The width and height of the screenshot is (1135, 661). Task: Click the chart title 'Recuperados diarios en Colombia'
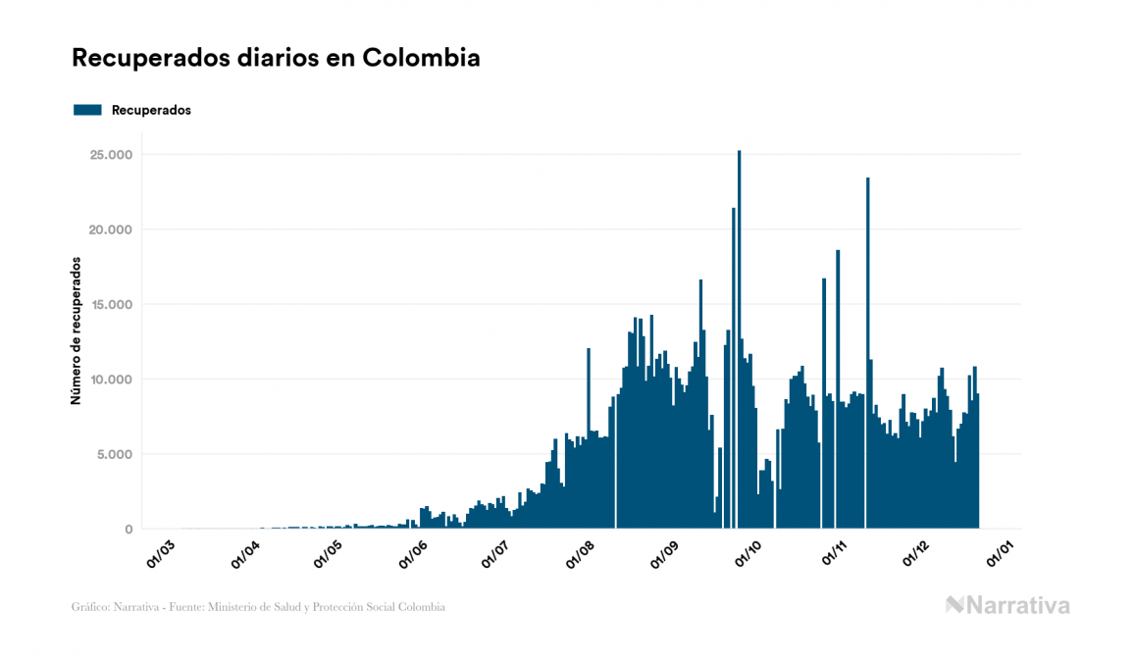click(x=276, y=58)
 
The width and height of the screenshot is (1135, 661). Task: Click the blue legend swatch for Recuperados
click(x=87, y=110)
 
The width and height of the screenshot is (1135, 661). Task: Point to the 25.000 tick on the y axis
click(x=112, y=155)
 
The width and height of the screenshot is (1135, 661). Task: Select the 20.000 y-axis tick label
click(x=112, y=229)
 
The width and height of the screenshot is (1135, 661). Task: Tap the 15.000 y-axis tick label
click(x=112, y=305)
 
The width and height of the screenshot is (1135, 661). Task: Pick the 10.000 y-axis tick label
click(x=112, y=380)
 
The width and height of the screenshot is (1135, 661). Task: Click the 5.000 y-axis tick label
click(x=116, y=454)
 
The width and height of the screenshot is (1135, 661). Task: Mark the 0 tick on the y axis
click(x=128, y=530)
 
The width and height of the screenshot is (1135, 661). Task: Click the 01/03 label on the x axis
click(x=160, y=552)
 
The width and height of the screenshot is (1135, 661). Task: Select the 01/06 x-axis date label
click(x=412, y=552)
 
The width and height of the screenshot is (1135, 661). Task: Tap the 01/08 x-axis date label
click(x=580, y=552)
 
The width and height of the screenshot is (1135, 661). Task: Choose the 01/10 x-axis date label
click(x=749, y=552)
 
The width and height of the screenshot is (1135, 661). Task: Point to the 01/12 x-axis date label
click(x=918, y=552)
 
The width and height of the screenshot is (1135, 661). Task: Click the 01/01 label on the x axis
click(x=1002, y=552)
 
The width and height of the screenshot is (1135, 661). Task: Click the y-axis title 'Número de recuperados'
click(x=76, y=330)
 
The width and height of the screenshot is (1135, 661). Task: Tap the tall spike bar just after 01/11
click(x=868, y=343)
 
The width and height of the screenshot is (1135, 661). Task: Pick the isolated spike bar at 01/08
click(x=589, y=432)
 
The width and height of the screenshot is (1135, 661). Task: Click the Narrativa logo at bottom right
click(x=1007, y=605)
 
